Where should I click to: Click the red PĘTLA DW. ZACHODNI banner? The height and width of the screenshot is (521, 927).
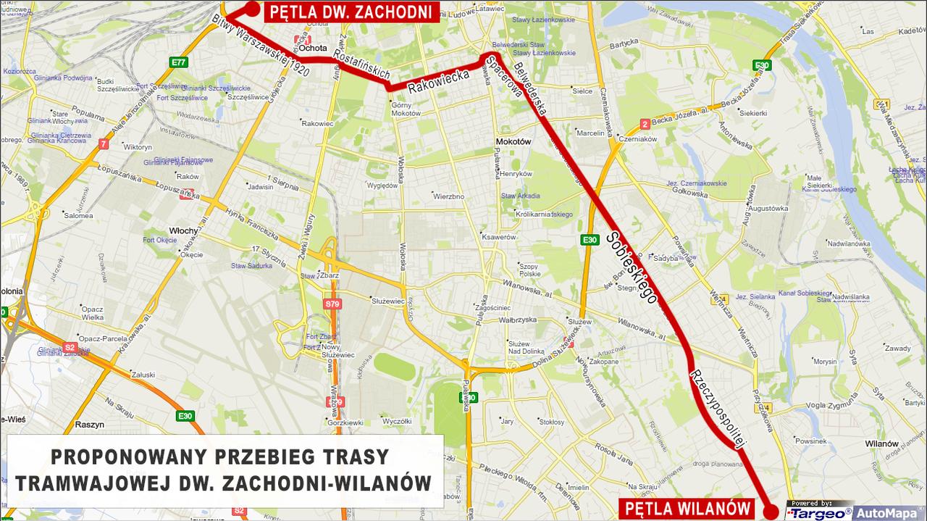point(351,12)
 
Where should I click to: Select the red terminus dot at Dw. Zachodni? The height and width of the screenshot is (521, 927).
point(251,9)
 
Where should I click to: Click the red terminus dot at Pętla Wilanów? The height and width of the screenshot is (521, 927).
point(773,512)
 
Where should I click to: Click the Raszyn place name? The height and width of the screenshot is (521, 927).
point(90,425)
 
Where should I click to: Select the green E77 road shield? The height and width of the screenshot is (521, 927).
point(179,62)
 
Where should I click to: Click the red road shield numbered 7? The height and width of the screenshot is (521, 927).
point(104,144)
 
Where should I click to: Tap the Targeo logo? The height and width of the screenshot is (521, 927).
point(819,513)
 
